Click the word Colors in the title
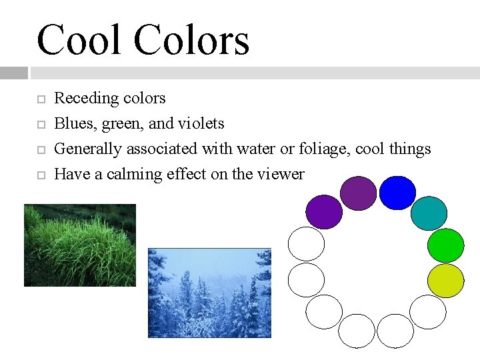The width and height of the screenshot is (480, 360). [x=191, y=40]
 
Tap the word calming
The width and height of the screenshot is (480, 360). [x=125, y=174]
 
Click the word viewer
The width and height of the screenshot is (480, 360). [x=281, y=174]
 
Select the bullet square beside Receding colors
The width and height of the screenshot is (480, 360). [x=40, y=99]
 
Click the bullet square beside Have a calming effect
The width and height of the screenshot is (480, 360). [x=40, y=175]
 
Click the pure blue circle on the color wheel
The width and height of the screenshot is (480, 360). [x=397, y=193]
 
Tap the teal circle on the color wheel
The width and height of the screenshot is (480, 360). [x=429, y=213]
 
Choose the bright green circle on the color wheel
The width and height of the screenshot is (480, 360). [x=445, y=245]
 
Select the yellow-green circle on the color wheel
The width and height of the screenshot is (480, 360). [x=445, y=281]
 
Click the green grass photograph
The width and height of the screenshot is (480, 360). [x=79, y=245]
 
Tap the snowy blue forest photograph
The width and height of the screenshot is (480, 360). [x=209, y=293]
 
